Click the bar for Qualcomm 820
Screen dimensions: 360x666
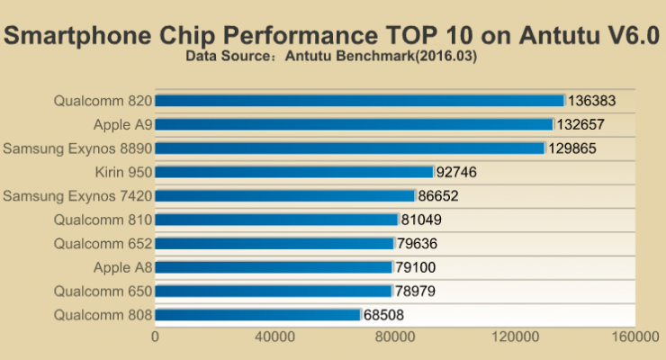tap(360, 101)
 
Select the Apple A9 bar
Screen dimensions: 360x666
tap(355, 124)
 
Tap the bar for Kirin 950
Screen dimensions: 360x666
tap(294, 172)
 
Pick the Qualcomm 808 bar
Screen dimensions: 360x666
tap(258, 315)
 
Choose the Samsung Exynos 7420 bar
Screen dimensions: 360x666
tap(285, 195)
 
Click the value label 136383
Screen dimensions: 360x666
tap(593, 101)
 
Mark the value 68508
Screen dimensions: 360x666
tap(389, 315)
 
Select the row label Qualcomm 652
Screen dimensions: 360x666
tap(103, 243)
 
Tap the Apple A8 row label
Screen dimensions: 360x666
tap(122, 267)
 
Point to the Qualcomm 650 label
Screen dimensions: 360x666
tap(103, 291)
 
